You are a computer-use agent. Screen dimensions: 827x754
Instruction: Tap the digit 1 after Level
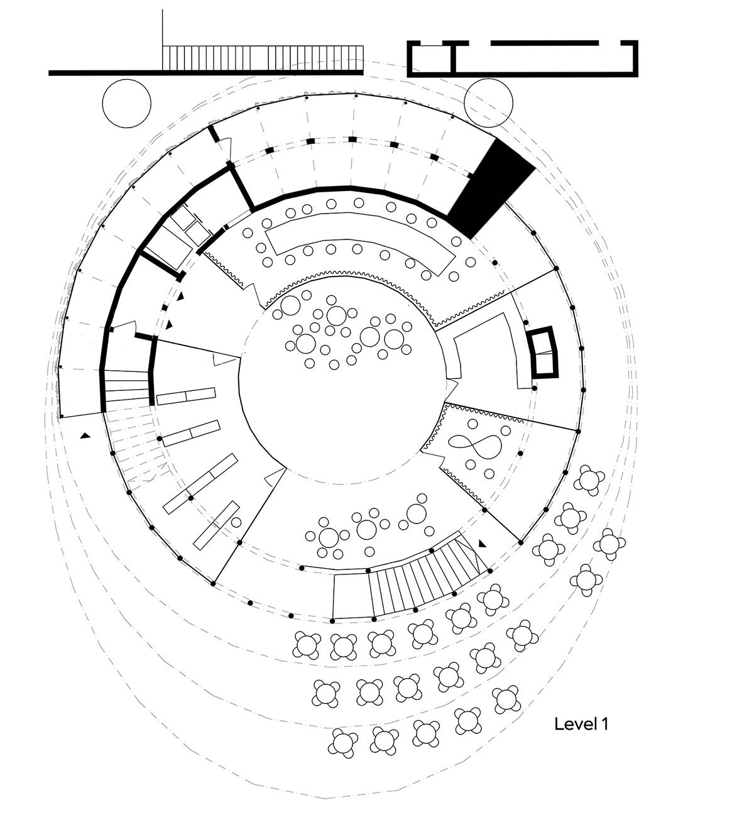tap(604, 724)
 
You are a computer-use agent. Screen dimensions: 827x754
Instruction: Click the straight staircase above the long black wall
tap(263, 58)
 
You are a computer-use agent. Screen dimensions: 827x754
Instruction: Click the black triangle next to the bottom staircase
tap(483, 544)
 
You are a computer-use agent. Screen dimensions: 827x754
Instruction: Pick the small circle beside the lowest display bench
tap(236, 522)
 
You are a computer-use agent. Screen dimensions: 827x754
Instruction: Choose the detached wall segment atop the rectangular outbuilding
tap(544, 43)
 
